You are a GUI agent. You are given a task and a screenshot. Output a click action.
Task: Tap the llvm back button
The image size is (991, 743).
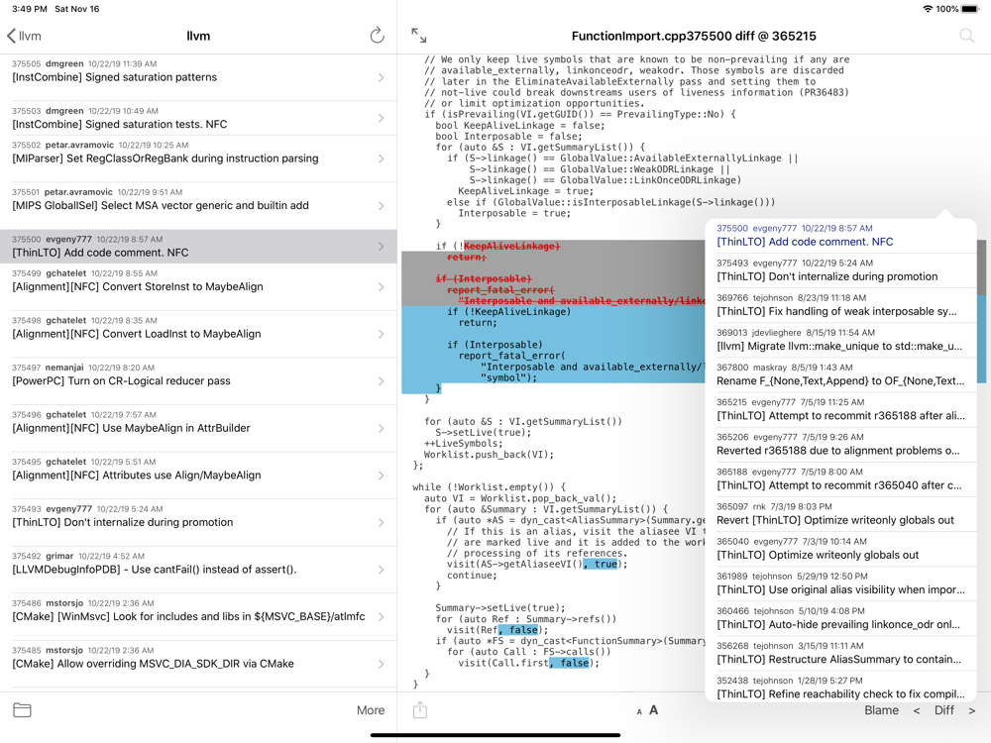[24, 36]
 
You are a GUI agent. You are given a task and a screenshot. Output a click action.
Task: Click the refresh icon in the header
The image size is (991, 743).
[377, 36]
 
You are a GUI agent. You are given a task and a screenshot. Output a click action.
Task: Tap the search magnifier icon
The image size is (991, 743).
[966, 36]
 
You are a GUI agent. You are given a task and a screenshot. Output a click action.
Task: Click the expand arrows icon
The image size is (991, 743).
[419, 36]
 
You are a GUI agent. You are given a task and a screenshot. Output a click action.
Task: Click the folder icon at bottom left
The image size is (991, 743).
[22, 710]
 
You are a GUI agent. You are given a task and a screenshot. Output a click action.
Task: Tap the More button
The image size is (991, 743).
[371, 710]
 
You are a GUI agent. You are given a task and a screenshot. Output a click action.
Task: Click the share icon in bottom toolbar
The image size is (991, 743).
[420, 710]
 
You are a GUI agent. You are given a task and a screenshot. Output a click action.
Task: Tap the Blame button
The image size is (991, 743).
[881, 710]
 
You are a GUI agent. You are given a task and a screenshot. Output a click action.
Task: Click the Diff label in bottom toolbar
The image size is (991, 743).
[944, 710]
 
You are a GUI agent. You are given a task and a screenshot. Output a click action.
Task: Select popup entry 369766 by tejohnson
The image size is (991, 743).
[840, 304]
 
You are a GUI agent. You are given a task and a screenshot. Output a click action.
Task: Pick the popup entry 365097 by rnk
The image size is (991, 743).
[840, 513]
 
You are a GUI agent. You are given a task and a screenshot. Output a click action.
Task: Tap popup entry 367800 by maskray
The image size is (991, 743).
[840, 373]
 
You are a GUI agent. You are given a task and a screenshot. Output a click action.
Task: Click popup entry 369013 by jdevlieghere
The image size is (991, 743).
[840, 339]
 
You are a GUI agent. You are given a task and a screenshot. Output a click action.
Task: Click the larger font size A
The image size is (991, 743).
[654, 710]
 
